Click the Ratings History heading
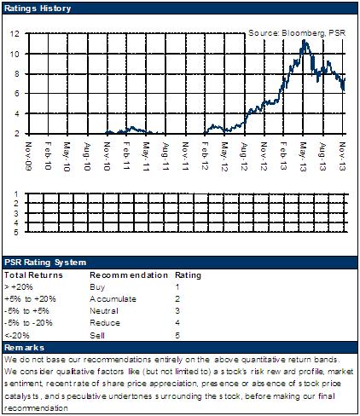coord(38,9)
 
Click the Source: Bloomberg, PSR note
coord(297,33)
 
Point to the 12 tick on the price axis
coord(15,33)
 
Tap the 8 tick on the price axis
coord(17,74)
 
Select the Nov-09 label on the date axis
coord(28,156)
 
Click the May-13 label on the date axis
coord(303,157)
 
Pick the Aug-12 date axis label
coord(244,156)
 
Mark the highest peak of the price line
coord(304,40)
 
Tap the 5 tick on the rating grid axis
coord(16,233)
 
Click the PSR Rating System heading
coord(45,263)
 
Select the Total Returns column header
coord(33,275)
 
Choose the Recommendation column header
coord(129,275)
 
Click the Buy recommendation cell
coord(97,287)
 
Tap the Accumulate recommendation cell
coord(113,299)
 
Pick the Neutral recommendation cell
coord(104,311)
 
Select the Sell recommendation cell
coord(97,335)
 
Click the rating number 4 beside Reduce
coord(177,323)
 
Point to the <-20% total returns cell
coord(17,335)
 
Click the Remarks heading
coord(24,348)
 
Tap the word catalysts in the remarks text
coord(21,396)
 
